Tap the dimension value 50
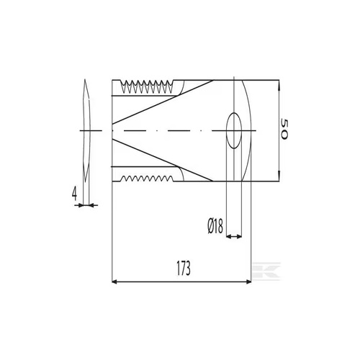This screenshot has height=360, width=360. [x=284, y=129]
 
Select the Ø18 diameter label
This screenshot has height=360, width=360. [x=215, y=227]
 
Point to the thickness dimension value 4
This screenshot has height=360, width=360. [x=74, y=194]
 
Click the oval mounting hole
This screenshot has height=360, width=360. [x=234, y=130]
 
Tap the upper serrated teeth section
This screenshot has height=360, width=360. [x=146, y=87]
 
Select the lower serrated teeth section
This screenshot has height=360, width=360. [x=146, y=179]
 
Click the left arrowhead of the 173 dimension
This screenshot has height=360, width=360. [x=114, y=282]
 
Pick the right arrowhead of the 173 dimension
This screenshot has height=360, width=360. [x=248, y=282]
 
